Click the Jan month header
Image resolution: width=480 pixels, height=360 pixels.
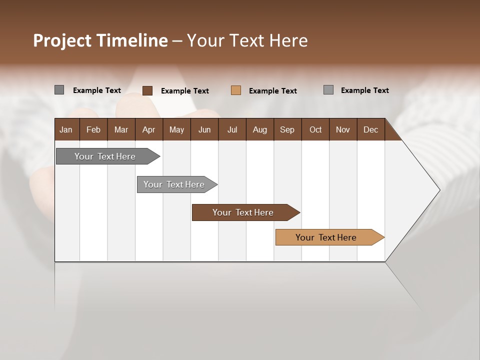point(66,129)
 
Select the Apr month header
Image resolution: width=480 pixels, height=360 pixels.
point(148,129)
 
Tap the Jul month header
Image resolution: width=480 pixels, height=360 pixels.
point(232,129)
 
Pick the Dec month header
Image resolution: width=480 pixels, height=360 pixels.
point(370,129)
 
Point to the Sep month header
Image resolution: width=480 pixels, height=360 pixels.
point(287,129)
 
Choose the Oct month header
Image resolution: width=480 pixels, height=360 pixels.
point(315,129)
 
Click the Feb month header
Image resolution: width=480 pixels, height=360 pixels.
point(93,129)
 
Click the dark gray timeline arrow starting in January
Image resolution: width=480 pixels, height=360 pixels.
point(105,156)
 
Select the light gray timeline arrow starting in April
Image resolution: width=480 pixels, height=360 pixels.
point(174,184)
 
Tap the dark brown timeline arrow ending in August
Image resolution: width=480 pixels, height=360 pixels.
point(243,212)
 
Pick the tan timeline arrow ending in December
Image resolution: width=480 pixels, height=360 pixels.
point(326,237)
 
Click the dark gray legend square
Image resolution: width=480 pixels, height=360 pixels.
point(59,90)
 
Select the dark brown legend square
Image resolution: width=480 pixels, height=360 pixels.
point(147,90)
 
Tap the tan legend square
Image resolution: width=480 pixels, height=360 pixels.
point(236,90)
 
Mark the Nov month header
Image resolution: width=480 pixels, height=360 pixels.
point(343,129)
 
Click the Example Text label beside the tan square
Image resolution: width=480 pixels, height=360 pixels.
point(273,91)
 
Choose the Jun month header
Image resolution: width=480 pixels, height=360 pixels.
point(204,129)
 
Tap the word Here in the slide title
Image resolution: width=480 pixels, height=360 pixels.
point(288,40)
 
